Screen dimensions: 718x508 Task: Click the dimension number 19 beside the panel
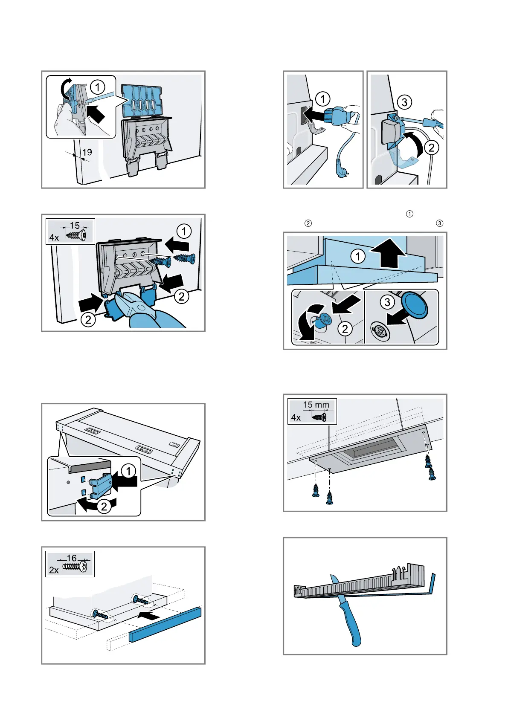87,152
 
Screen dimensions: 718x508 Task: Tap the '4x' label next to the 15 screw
54,237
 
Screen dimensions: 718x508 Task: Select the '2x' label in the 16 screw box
54,570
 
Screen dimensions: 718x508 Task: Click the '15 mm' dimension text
316,405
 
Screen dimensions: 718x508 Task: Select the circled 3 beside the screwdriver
404,102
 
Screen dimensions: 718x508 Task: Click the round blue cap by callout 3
414,305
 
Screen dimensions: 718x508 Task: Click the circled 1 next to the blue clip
128,471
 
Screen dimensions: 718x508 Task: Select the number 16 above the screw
72,558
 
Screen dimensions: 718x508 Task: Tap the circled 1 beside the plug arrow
322,99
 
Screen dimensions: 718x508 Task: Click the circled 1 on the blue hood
358,256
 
